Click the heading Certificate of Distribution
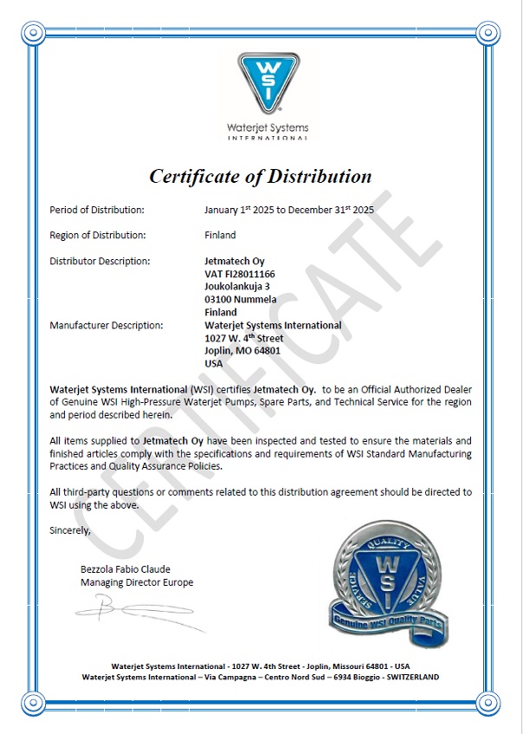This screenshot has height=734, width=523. (x=261, y=176)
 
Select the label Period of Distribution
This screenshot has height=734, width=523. (x=97, y=210)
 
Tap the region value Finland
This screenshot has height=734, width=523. (x=220, y=235)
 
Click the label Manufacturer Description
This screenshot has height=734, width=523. (x=107, y=325)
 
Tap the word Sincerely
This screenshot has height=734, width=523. (x=69, y=529)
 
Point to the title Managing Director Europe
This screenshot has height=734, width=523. (x=137, y=582)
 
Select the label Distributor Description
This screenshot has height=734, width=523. (x=100, y=261)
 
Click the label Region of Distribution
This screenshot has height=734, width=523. (x=98, y=235)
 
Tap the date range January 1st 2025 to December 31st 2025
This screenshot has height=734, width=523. (x=288, y=210)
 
